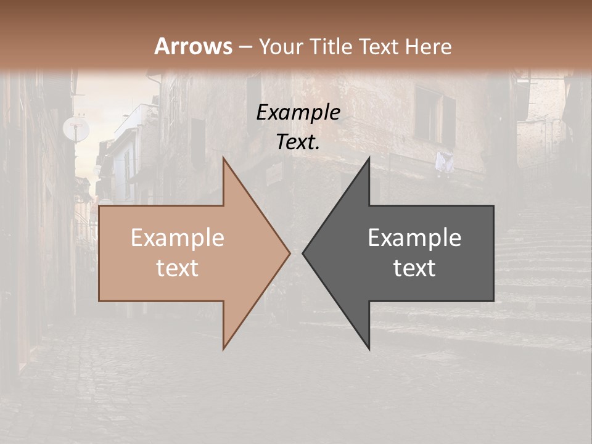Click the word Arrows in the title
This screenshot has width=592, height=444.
(194, 46)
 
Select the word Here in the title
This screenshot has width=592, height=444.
(430, 46)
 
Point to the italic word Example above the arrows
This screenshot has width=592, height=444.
(298, 113)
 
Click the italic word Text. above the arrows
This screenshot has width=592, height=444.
(298, 142)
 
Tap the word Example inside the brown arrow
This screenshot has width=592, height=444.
(178, 238)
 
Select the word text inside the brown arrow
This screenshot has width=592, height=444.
(178, 268)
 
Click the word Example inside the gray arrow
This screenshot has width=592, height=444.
(414, 238)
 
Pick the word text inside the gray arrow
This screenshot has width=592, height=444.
(414, 268)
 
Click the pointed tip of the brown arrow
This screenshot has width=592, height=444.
(289, 253)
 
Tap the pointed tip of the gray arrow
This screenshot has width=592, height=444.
(303, 253)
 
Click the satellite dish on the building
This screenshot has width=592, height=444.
(76, 129)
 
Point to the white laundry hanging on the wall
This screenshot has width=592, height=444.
(444, 162)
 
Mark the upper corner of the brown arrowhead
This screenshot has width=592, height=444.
(224, 158)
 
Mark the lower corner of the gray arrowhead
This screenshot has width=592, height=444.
(369, 348)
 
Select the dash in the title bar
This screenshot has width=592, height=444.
(245, 47)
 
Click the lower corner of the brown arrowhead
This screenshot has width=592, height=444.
(224, 348)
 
